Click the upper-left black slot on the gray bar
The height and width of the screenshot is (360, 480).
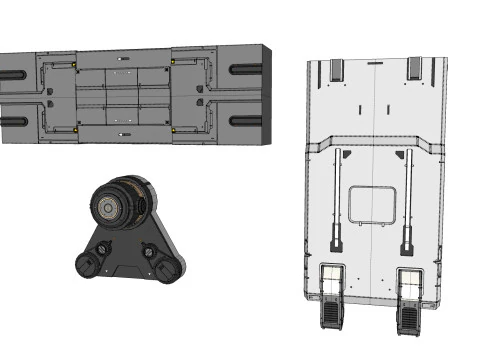coord(13,71)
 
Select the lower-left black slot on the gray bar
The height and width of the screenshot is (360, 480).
coord(13,121)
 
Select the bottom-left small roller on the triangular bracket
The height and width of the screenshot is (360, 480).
coord(88,263)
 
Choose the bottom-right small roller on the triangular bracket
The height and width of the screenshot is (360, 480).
coord(166,267)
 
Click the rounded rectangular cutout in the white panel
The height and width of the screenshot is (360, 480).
coord(370,205)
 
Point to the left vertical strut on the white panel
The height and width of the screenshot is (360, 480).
coord(337,200)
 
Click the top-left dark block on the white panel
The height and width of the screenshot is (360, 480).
coord(335,69)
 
